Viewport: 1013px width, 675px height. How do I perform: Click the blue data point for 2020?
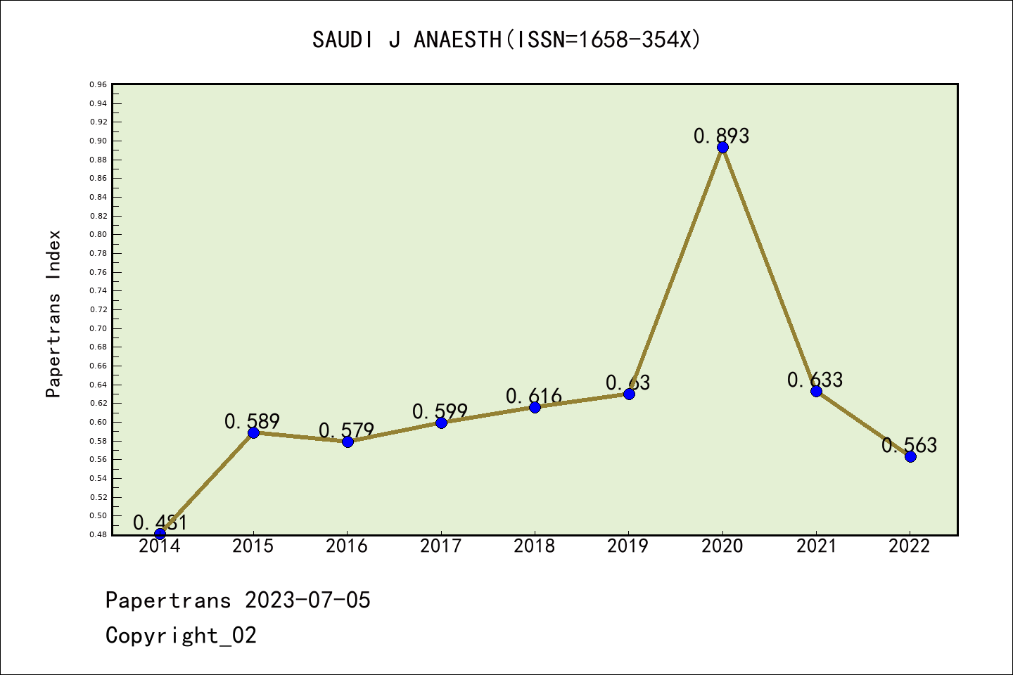coord(722,147)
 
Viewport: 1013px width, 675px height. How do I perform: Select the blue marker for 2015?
coord(253,432)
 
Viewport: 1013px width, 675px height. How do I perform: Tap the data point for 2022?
coord(910,456)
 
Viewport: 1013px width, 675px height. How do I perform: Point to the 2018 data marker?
coord(535,407)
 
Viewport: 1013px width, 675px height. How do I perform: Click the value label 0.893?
coord(722,136)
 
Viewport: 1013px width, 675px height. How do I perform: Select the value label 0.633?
coord(815,380)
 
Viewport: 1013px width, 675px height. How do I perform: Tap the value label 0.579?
coord(347,430)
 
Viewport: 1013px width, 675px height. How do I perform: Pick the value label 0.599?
coord(440,411)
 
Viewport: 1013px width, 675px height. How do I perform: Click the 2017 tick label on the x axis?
coord(441,546)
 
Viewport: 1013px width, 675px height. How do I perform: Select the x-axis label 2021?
coord(816,546)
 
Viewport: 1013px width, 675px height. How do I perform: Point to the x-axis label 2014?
coord(160,546)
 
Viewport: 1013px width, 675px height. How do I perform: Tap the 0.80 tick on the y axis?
coord(98,235)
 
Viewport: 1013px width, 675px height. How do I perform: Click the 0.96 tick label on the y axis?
coord(98,85)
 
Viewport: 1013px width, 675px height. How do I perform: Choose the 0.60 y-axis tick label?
coord(98,422)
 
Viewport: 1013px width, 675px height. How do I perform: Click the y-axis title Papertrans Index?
coord(54,314)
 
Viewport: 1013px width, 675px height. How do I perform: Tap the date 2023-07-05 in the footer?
coord(307,600)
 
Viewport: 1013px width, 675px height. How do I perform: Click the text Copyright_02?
coord(181,636)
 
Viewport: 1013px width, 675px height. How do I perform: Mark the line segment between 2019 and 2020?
coord(675,271)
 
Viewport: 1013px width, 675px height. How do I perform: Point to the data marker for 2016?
coord(348,442)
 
